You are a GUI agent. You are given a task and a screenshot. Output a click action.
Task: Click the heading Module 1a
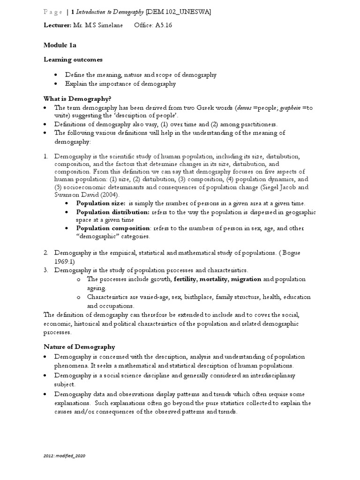coord(60,45)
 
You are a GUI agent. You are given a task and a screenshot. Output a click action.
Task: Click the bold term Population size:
coord(101,203)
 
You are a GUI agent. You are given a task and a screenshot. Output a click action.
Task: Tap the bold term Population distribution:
coord(113,212)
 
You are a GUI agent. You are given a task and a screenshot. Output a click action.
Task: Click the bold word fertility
coord(185,279)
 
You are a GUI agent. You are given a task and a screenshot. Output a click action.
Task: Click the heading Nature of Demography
coord(79,347)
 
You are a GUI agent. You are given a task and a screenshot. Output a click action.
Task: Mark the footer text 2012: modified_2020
coord(65,455)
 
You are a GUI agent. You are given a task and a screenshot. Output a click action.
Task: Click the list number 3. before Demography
coord(46,270)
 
